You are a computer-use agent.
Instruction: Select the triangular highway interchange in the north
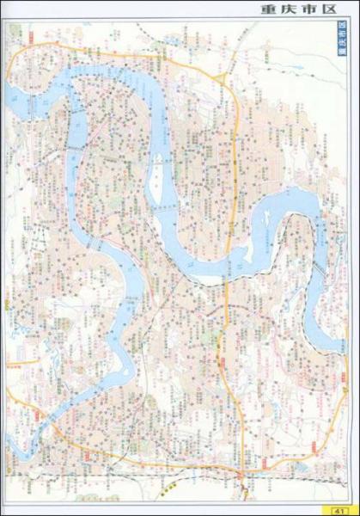[x=224, y=80]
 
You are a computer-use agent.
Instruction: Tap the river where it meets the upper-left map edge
[x=10, y=96]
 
